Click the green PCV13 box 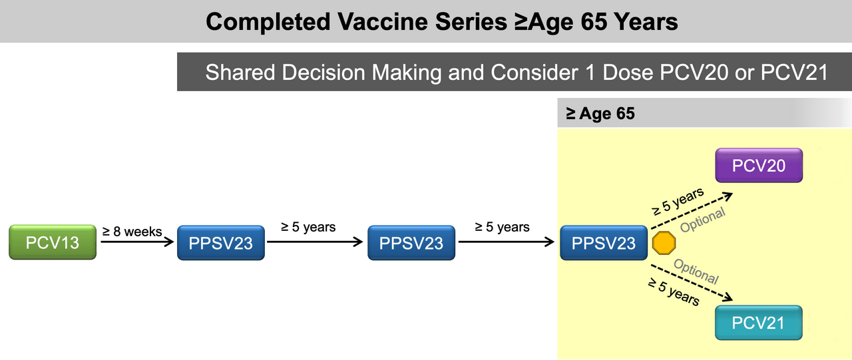(x=53, y=242)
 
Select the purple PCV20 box (x=759, y=166)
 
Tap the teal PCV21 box (x=758, y=323)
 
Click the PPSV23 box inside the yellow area (x=604, y=243)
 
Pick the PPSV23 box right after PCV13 (x=221, y=243)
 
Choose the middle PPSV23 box (x=411, y=243)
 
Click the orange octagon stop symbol (x=664, y=243)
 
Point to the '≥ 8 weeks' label (x=132, y=232)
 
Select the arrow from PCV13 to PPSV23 (x=137, y=242)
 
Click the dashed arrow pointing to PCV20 (x=692, y=211)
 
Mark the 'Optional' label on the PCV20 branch (x=702, y=220)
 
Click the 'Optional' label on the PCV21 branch (x=696, y=271)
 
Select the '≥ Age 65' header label (x=600, y=113)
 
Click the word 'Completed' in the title (x=268, y=22)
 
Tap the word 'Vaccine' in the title (x=383, y=21)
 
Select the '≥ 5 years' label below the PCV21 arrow (x=674, y=292)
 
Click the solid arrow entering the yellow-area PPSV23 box (x=507, y=242)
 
